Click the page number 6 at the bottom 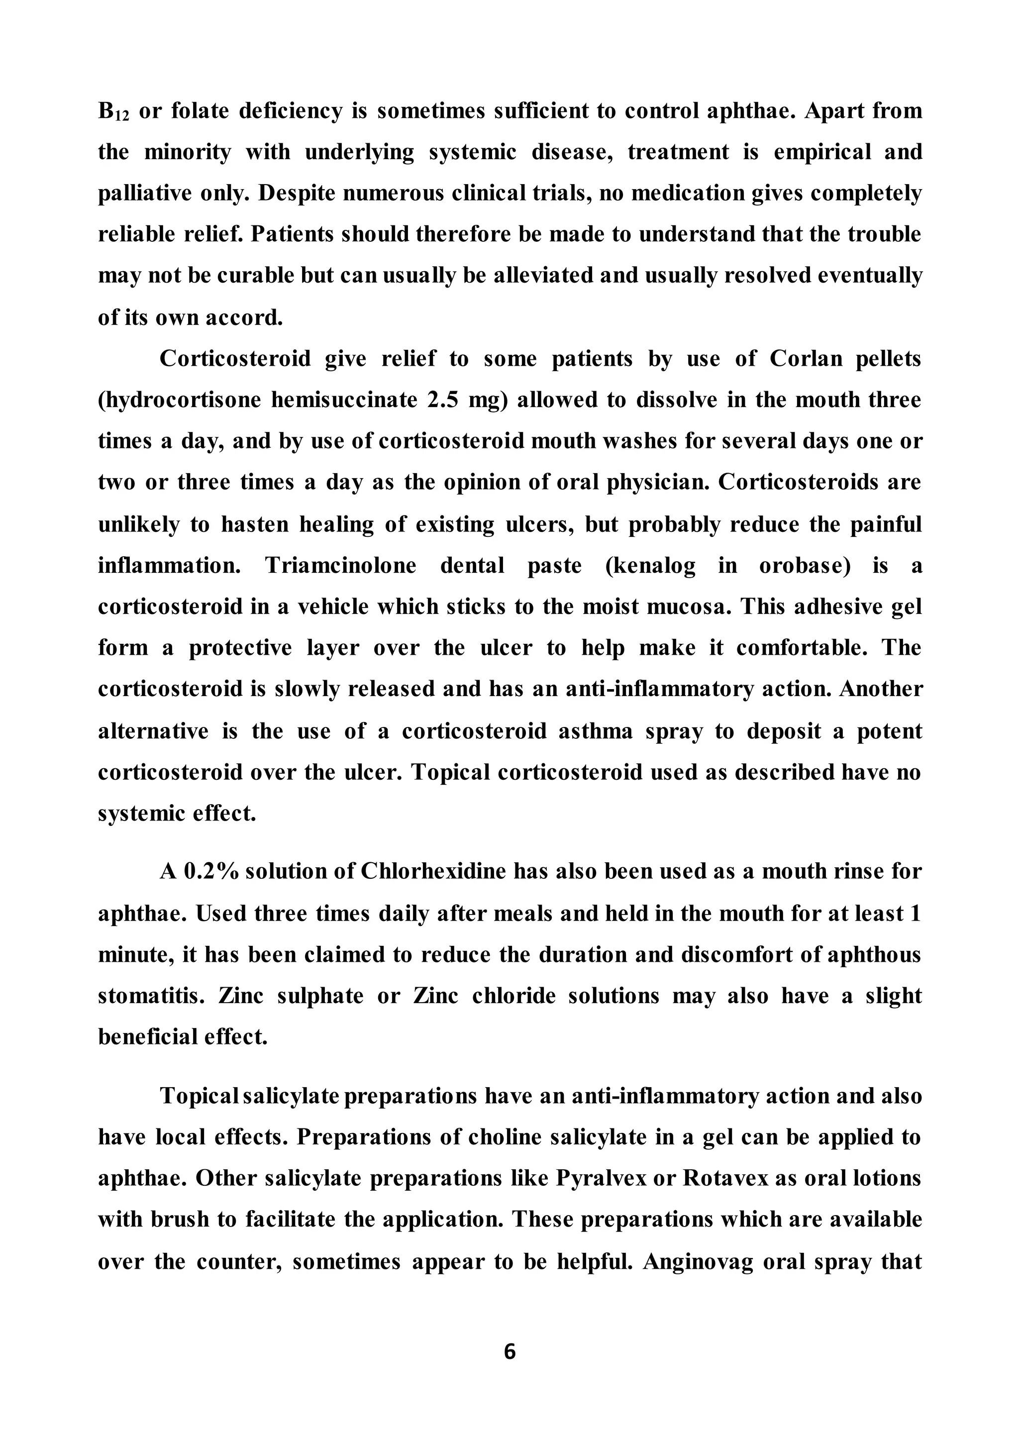point(509,1351)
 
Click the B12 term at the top point(113,112)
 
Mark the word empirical point(822,152)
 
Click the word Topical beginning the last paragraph point(200,1095)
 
